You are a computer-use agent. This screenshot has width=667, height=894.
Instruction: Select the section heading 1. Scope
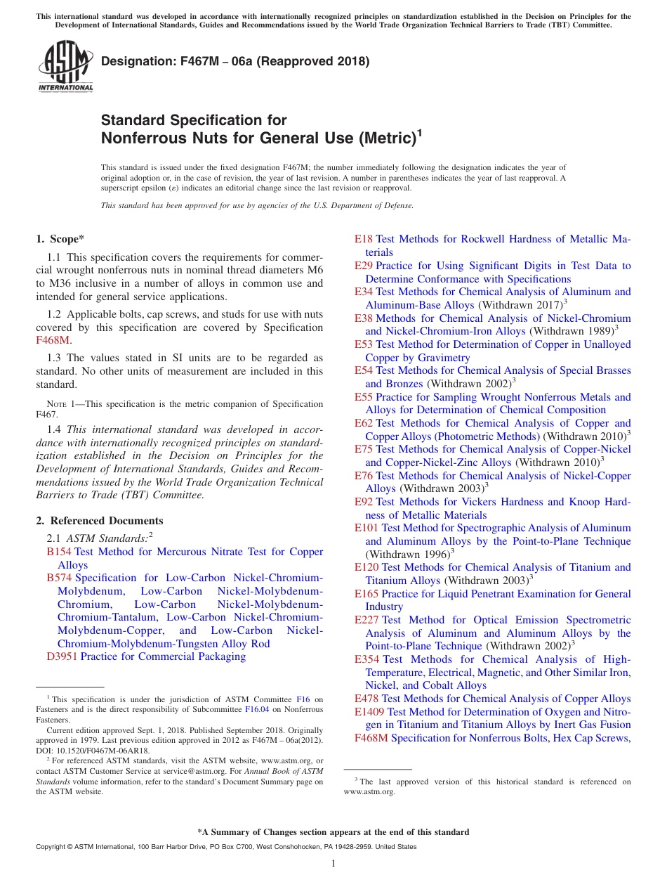coord(60,239)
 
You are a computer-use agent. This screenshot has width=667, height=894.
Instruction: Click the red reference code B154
coord(59,552)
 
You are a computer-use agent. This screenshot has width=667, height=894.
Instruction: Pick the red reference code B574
coord(59,578)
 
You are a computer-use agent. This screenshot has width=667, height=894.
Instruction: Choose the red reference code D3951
coord(62,656)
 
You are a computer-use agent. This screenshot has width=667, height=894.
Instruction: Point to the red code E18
coord(364,239)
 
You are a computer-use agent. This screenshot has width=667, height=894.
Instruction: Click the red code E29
coord(364,266)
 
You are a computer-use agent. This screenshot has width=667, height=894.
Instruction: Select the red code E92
coord(364,502)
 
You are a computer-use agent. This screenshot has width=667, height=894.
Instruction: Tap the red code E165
coord(366,594)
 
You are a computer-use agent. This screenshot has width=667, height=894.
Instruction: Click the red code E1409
coord(369,711)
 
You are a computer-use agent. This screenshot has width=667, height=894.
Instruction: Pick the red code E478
coord(366,699)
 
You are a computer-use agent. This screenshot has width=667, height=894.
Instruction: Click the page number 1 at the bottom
coord(333,863)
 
